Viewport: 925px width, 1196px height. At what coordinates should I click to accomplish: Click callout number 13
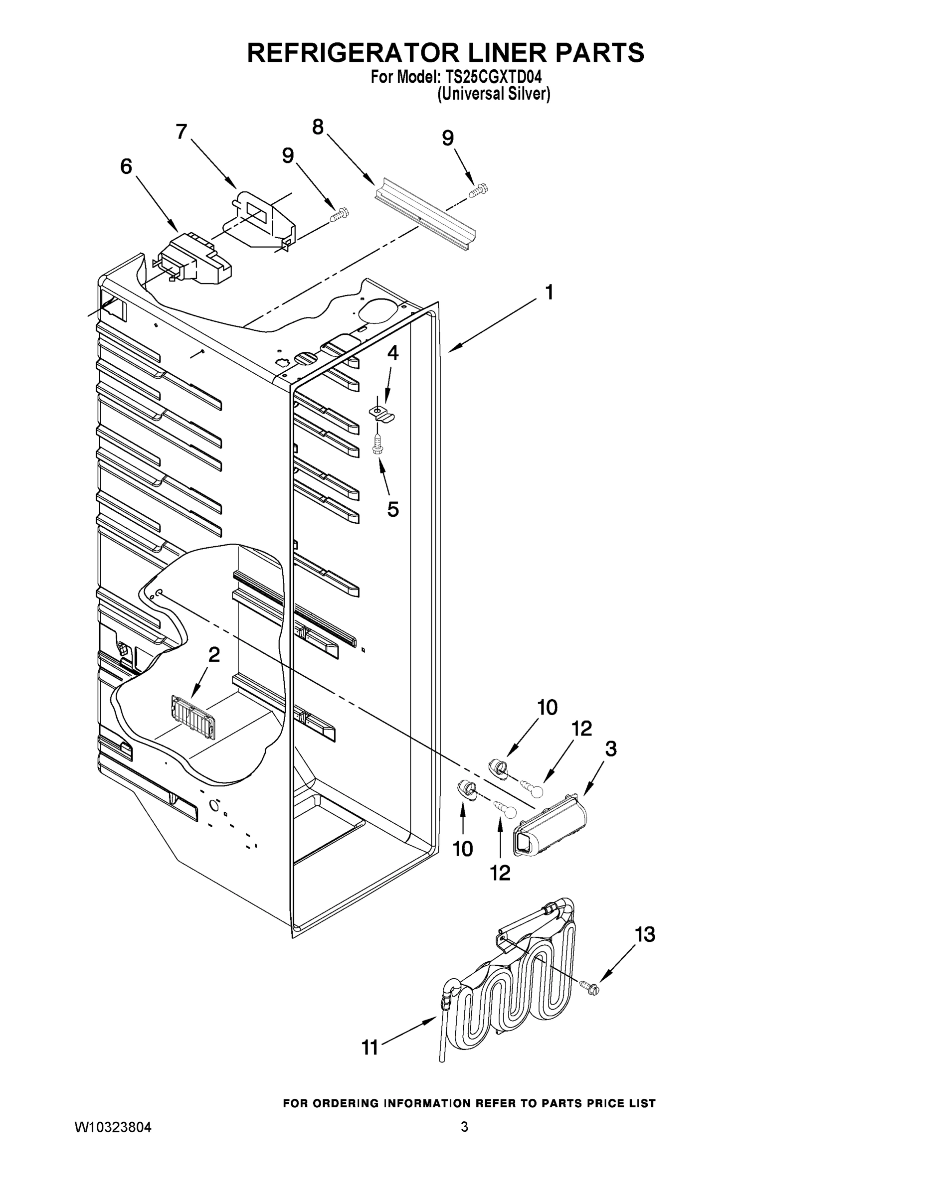(x=645, y=935)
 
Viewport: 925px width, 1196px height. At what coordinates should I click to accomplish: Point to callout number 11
(x=370, y=1047)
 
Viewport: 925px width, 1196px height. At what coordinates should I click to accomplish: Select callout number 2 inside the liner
(x=214, y=654)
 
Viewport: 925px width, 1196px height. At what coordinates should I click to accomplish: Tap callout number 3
(x=610, y=748)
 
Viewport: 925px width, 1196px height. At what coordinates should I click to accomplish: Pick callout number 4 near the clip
(x=393, y=353)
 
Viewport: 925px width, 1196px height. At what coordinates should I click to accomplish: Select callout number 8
(x=318, y=127)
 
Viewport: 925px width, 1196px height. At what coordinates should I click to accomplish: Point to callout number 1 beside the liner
(x=549, y=293)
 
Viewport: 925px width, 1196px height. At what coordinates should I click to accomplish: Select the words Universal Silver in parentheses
(x=493, y=94)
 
